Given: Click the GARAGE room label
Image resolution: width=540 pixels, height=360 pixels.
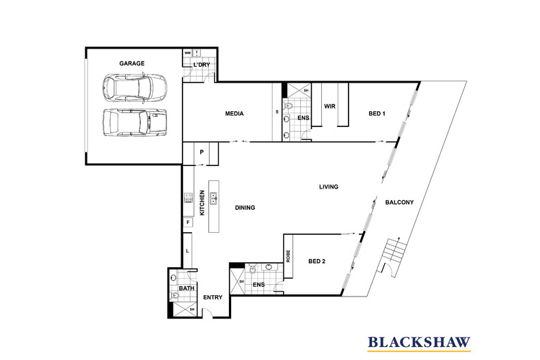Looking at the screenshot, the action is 132,64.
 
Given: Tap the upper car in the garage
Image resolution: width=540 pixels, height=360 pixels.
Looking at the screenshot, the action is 135,88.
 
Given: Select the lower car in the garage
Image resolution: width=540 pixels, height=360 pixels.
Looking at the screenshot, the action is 135,122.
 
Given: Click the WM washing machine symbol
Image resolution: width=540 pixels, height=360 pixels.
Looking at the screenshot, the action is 187,53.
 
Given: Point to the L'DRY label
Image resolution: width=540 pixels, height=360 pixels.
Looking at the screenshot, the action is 202,65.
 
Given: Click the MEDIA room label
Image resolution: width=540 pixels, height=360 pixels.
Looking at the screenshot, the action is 234,113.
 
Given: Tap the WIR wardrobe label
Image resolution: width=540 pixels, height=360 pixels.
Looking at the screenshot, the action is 329,107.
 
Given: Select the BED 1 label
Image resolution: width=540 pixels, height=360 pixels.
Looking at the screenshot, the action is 377,113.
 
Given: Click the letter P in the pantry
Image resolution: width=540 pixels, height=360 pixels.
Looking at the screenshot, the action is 202,152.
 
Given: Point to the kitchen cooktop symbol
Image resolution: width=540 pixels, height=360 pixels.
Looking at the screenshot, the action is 189,198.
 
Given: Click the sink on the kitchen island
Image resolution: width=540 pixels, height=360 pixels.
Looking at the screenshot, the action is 214,198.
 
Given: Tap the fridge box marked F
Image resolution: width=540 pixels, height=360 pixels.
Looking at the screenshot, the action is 188,222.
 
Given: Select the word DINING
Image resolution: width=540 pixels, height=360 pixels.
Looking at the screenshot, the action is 245,208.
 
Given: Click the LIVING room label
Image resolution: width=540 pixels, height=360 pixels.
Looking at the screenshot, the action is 329,187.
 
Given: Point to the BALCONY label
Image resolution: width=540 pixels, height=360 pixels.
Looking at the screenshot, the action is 399,202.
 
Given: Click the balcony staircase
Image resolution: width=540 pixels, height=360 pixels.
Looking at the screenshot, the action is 392,253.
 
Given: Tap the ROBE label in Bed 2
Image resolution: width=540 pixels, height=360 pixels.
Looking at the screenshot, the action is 288,256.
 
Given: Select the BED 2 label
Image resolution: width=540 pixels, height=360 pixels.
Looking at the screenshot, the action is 317,261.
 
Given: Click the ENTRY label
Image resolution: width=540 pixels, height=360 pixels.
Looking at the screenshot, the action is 213,297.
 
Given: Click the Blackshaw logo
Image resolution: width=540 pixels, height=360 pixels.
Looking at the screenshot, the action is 419,343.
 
